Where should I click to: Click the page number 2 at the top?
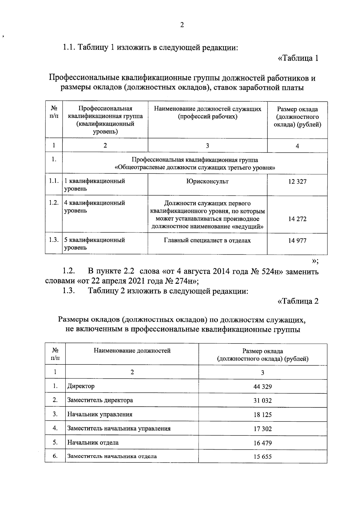pyautogui.click(x=182, y=25)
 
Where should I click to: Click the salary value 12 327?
pyautogui.click(x=297, y=182)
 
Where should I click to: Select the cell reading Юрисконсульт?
pyautogui.click(x=207, y=181)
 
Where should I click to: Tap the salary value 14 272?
pyautogui.click(x=297, y=219)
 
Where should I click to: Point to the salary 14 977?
pyautogui.click(x=297, y=241)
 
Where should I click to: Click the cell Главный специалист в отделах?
pyautogui.click(x=207, y=240)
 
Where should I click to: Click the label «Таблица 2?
pyautogui.click(x=298, y=301)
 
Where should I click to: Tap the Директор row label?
pyautogui.click(x=81, y=386)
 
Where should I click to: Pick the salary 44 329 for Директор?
pyautogui.click(x=262, y=387)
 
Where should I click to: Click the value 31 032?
pyautogui.click(x=262, y=401)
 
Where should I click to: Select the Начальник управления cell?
pyautogui.click(x=100, y=415)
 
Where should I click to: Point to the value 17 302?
pyautogui.click(x=262, y=429)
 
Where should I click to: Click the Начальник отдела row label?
pyautogui.click(x=93, y=443)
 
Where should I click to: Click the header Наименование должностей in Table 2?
pyautogui.click(x=132, y=351)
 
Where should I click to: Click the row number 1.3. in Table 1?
pyautogui.click(x=54, y=240)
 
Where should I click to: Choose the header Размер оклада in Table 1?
pyautogui.click(x=297, y=110)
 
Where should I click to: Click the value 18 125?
pyautogui.click(x=262, y=415)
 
